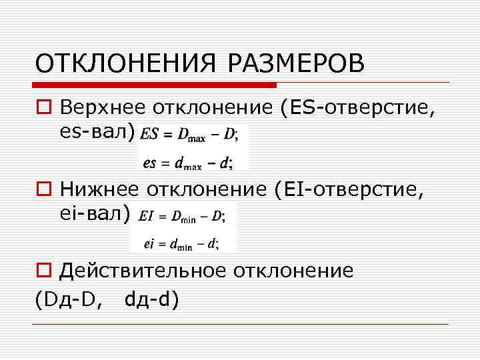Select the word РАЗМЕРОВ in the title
(x=297, y=65)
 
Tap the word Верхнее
(x=104, y=107)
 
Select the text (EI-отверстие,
(x=348, y=191)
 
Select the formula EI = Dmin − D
(x=183, y=217)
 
